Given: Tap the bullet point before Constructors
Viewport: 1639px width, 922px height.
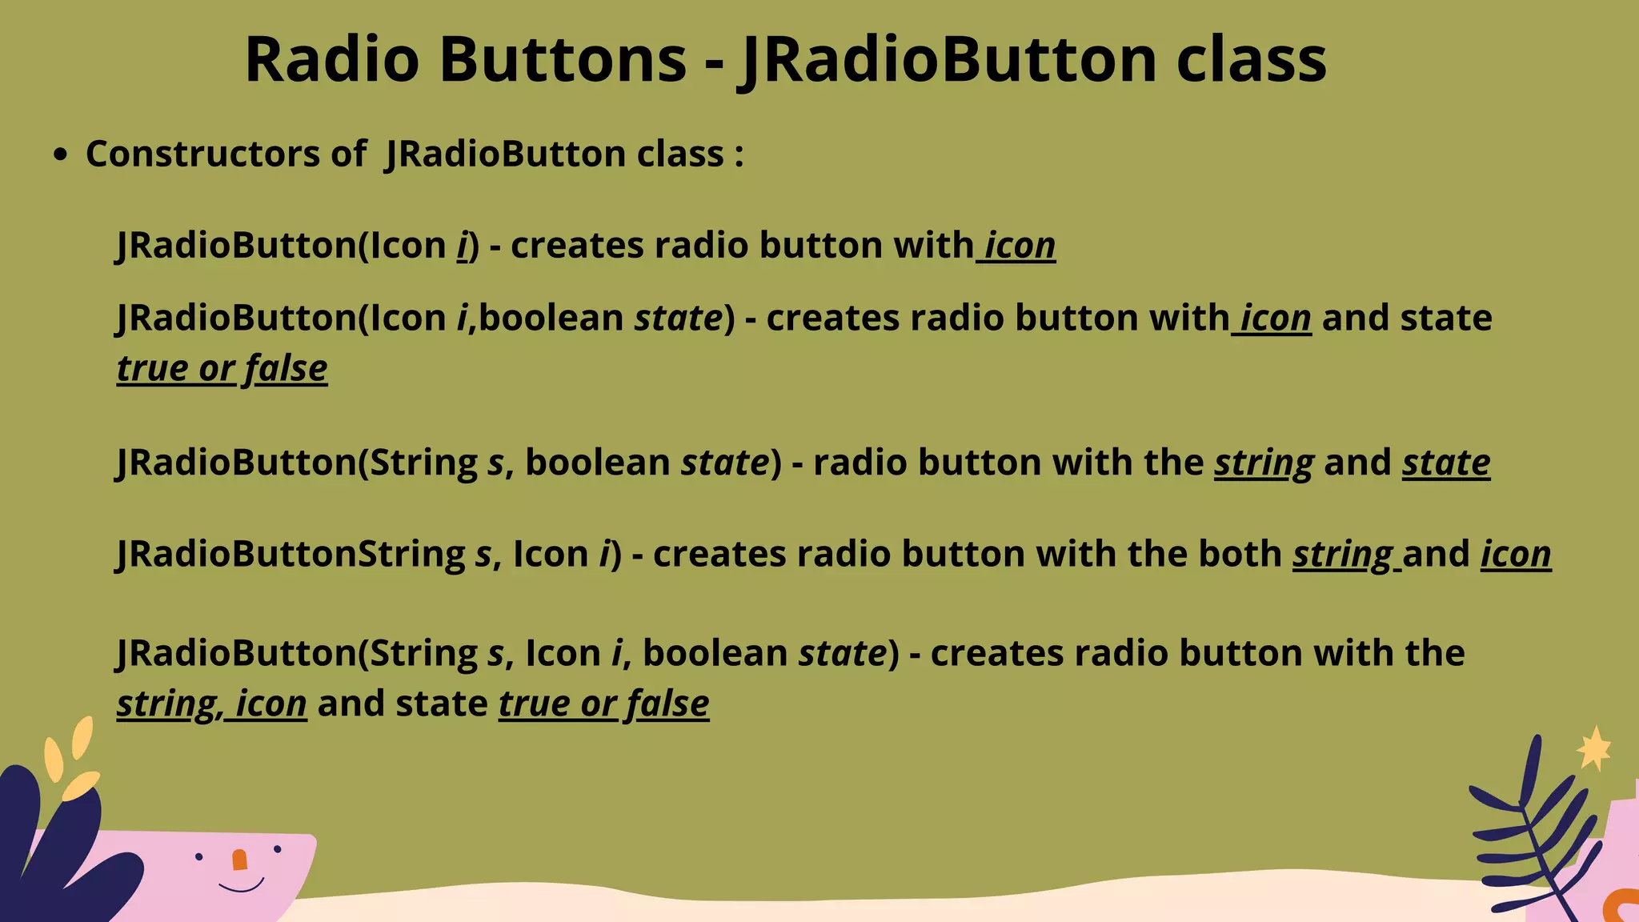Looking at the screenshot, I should coord(60,155).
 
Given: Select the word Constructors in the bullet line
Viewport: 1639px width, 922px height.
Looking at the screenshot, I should coord(202,154).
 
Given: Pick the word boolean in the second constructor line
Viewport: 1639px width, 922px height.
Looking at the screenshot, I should coord(551,318).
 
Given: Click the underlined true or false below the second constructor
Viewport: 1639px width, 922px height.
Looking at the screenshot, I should coord(222,369).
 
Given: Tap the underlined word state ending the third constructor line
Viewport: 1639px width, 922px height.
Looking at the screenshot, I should coord(1445,463).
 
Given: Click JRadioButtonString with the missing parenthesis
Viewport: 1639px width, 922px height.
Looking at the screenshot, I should coord(291,554).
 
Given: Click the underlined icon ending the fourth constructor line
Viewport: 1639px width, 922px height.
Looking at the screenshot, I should coord(1515,554).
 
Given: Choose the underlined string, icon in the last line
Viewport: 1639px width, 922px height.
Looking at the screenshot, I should coord(211,704).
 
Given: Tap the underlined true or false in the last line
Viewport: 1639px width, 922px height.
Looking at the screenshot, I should coord(603,704).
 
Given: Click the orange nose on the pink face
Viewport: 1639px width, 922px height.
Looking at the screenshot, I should coord(239,860).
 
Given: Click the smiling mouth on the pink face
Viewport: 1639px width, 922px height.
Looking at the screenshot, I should coord(241,886).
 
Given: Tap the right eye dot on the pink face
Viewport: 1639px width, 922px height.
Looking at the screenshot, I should coord(278,849).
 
